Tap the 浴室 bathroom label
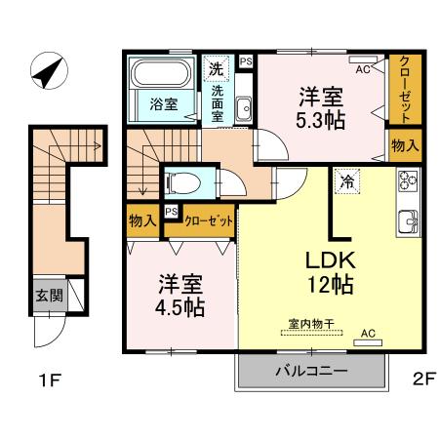click(163, 105)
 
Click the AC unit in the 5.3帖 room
click(362, 69)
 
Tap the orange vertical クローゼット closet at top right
click(405, 89)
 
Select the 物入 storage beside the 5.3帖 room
click(405, 145)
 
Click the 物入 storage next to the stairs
click(142, 220)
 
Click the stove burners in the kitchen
click(407, 181)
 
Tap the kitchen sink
click(407, 219)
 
